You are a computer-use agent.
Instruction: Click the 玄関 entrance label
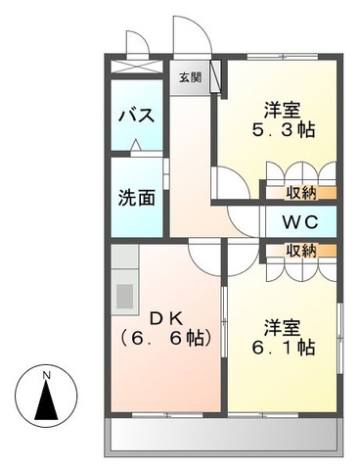click(189, 77)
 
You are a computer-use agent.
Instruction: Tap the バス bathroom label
click(136, 116)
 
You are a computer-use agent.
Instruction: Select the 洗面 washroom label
click(136, 196)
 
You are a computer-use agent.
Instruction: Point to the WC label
click(300, 221)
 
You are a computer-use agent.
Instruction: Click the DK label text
click(169, 319)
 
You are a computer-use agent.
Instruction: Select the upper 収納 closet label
click(300, 192)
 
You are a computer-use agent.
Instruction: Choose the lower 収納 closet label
click(300, 251)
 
